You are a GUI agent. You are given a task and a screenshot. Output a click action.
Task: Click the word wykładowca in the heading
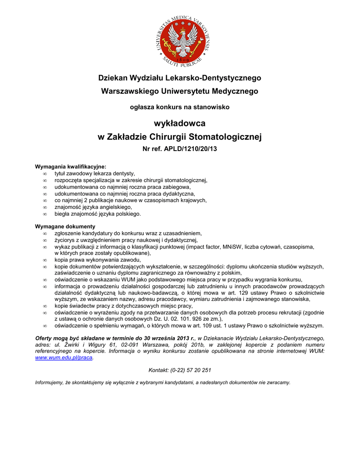pyautogui.click(x=180, y=123)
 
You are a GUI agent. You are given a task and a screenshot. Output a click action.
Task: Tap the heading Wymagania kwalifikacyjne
pyautogui.click(x=71, y=167)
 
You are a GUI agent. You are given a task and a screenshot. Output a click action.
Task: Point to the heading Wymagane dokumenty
pyautogui.click(x=65, y=226)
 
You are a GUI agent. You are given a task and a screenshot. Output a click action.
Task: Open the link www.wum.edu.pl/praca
pyautogui.click(x=64, y=358)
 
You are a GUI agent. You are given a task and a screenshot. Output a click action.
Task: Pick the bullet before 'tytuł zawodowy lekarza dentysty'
pyautogui.click(x=45, y=174)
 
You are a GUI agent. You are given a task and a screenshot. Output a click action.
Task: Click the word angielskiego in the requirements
pyautogui.click(x=112, y=207)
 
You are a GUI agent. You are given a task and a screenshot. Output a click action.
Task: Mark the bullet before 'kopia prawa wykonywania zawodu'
pyautogui.click(x=45, y=260)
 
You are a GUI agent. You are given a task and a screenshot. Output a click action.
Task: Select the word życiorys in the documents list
pyautogui.click(x=64, y=240)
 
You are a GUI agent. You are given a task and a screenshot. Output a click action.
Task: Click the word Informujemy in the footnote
pyautogui.click(x=50, y=382)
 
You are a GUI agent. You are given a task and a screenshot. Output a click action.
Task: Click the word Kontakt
pyautogui.click(x=159, y=370)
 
